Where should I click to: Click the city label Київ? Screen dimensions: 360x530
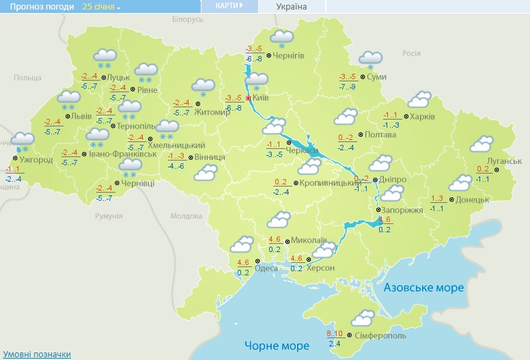[263, 98]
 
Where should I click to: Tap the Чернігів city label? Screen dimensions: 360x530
[288, 55]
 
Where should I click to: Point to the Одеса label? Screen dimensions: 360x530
[266, 268]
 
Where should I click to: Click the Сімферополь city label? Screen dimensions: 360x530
[381, 337]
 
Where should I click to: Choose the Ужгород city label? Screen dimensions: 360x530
[37, 160]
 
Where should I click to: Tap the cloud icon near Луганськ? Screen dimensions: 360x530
[482, 144]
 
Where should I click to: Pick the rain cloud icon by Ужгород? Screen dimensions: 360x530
[23, 142]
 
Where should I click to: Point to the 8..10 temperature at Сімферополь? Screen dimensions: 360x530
[335, 333]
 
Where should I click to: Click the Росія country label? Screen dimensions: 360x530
[411, 53]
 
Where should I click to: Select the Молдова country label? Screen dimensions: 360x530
[182, 216]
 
